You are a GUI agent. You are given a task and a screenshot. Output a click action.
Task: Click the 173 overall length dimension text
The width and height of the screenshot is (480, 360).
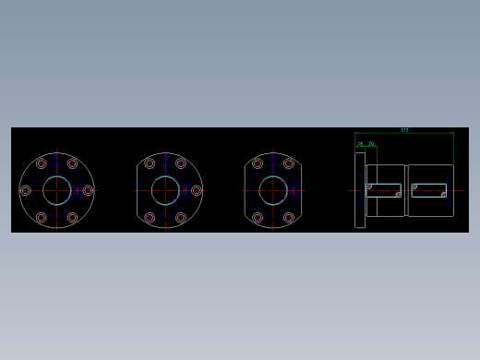(404, 130)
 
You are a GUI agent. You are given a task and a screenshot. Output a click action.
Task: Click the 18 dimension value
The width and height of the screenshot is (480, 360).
(361, 144)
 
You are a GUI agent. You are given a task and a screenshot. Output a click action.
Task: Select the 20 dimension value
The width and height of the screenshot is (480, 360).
(371, 144)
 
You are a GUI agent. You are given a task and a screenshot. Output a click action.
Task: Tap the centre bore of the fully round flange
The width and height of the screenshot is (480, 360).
(56, 190)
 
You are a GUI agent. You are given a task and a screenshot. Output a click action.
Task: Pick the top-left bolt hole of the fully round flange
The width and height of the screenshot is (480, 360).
(41, 163)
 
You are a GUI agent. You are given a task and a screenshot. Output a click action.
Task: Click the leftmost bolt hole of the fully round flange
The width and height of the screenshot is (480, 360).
(25, 190)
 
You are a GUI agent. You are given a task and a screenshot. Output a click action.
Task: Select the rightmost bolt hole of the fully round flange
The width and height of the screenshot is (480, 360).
(88, 190)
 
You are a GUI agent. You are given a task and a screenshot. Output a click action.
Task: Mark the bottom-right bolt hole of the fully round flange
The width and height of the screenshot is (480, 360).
(72, 218)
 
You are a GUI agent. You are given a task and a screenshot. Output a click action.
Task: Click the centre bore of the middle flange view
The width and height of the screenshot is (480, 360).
(164, 190)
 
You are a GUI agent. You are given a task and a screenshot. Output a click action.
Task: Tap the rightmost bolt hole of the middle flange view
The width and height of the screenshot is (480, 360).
(196, 190)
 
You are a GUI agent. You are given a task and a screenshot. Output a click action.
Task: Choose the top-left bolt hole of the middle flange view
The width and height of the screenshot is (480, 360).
(149, 163)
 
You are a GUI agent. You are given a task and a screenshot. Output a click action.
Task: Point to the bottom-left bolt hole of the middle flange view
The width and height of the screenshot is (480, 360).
(149, 218)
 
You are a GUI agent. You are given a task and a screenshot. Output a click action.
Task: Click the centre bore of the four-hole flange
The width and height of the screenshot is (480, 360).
(273, 190)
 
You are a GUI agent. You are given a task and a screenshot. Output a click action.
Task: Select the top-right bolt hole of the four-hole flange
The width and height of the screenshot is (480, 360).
(289, 163)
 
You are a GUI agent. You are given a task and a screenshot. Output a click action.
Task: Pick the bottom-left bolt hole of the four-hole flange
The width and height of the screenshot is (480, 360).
(258, 218)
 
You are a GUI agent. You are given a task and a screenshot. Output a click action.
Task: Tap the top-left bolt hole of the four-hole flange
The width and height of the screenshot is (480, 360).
(258, 163)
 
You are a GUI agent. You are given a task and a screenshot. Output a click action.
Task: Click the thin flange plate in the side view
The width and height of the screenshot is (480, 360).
(360, 190)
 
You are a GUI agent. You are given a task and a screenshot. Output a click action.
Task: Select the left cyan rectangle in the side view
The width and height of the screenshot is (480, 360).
(384, 190)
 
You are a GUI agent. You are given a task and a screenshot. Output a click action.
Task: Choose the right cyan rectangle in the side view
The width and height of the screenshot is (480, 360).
(429, 190)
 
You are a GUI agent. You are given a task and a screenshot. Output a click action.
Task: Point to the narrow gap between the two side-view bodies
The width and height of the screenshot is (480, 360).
(406, 190)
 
